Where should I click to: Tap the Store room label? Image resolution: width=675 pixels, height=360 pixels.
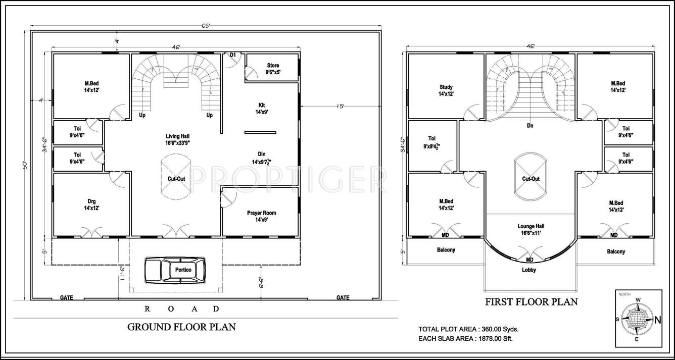[273, 69]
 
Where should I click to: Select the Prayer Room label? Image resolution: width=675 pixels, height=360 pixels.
[261, 216]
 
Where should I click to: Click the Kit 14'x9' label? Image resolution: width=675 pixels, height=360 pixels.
[262, 109]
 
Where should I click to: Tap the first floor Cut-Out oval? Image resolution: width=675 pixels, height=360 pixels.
[531, 179]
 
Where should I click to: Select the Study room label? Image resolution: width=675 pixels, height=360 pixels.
[446, 90]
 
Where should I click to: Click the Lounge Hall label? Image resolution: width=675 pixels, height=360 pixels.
[531, 230]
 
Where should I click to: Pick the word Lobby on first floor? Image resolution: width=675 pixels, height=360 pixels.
[529, 270]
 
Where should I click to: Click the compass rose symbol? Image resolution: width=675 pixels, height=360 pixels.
[638, 319]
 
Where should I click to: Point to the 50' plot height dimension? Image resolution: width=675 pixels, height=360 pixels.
[24, 165]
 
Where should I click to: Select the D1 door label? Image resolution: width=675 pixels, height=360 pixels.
[233, 55]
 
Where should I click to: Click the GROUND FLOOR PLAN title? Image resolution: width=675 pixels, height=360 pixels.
[181, 327]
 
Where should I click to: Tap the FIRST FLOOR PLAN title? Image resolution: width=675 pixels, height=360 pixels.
[531, 302]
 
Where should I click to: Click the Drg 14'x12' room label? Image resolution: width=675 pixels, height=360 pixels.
[91, 204]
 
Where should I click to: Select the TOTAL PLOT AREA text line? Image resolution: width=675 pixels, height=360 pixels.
[468, 329]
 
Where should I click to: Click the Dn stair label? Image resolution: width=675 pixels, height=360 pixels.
[529, 126]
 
